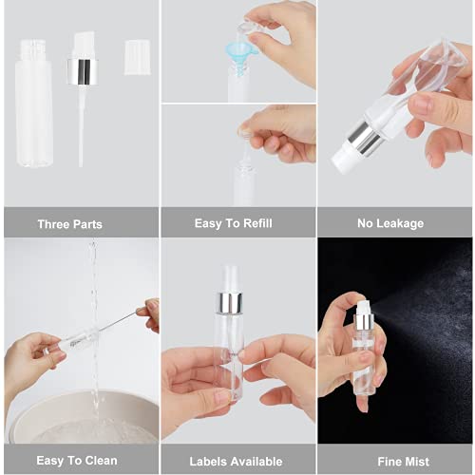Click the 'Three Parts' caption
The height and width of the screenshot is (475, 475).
69,224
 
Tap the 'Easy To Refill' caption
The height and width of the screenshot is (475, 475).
233,224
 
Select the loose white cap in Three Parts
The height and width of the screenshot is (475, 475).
138,57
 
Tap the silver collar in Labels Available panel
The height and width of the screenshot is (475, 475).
230,302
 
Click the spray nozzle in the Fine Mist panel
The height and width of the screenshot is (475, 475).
362,308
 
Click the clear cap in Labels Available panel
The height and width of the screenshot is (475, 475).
230,277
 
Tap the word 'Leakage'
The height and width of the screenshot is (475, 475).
404,224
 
